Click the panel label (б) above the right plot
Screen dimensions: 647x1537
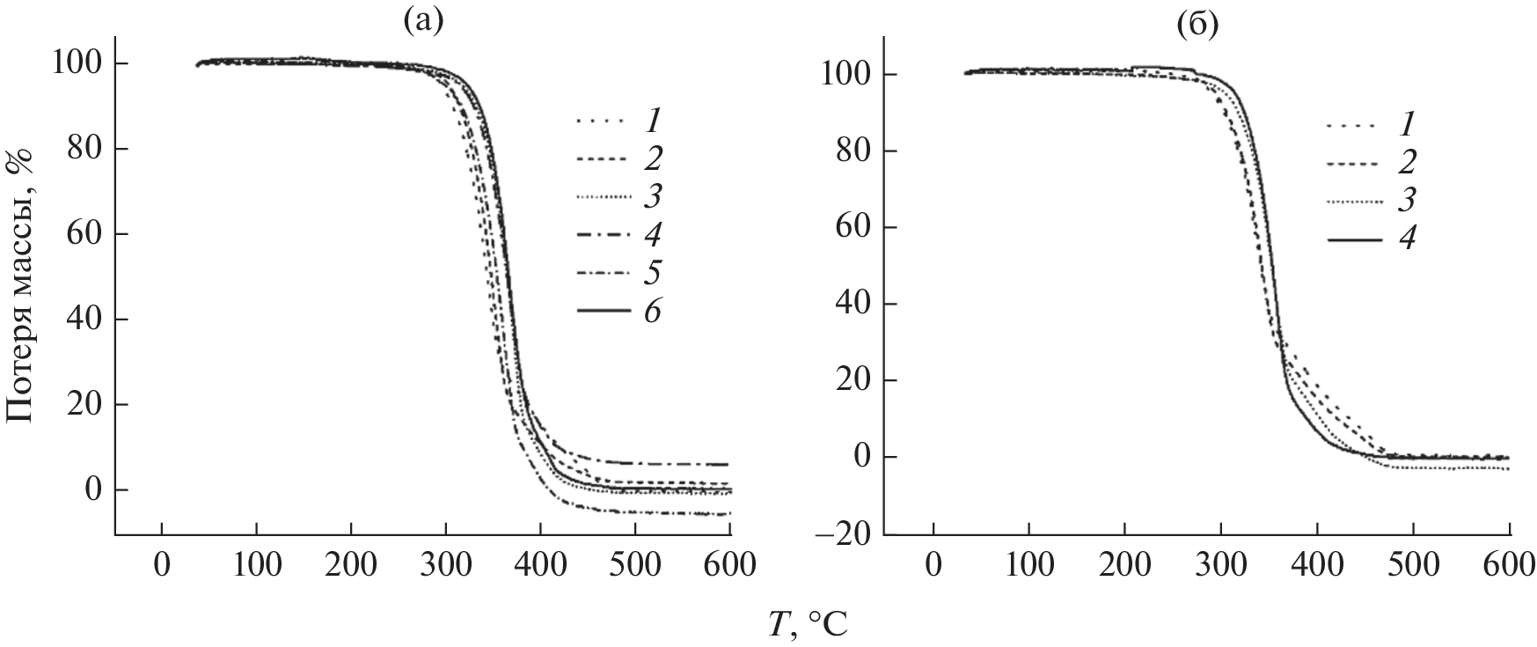pyautogui.click(x=1198, y=26)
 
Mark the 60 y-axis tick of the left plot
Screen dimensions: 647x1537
pyautogui.click(x=87, y=234)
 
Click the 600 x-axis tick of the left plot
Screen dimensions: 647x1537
pyautogui.click(x=729, y=565)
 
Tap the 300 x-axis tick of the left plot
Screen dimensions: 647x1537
pyautogui.click(x=445, y=565)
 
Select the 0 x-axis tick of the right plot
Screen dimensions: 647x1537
pyautogui.click(x=933, y=565)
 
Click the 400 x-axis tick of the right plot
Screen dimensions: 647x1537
pyautogui.click(x=1317, y=565)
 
